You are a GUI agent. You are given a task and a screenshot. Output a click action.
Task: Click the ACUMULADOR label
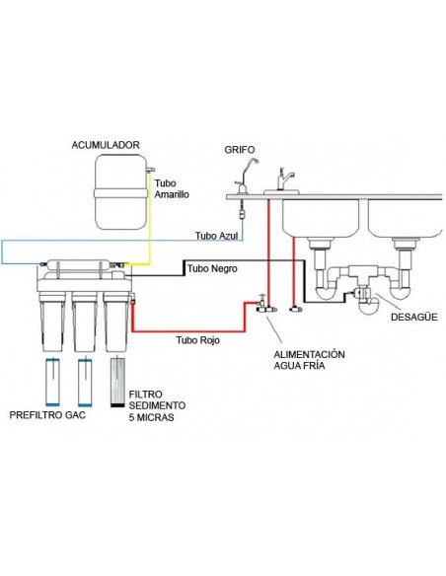pyautogui.click(x=106, y=145)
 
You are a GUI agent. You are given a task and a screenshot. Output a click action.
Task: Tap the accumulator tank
pyautogui.click(x=120, y=191)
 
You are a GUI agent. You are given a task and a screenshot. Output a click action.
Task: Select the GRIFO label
pyautogui.click(x=240, y=150)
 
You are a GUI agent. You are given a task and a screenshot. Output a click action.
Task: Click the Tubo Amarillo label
pyautogui.click(x=172, y=188)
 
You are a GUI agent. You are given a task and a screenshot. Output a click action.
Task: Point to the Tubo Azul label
pyautogui.click(x=216, y=236)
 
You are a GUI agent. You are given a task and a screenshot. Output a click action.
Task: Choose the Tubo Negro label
pyautogui.click(x=212, y=268)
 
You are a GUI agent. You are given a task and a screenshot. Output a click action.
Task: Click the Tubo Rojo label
pyautogui.click(x=197, y=340)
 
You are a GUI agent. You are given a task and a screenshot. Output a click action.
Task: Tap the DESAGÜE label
pyautogui.click(x=414, y=317)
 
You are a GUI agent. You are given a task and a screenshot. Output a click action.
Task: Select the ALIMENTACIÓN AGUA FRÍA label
pyautogui.click(x=309, y=360)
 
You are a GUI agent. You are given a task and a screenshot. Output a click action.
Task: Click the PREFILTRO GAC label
pyautogui.click(x=47, y=415)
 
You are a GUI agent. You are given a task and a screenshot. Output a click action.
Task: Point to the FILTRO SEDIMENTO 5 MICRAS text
pyautogui.click(x=157, y=406)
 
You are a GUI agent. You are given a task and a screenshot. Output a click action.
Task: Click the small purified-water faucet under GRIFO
pyautogui.click(x=245, y=177)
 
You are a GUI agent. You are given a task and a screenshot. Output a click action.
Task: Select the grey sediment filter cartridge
pyautogui.click(x=117, y=382)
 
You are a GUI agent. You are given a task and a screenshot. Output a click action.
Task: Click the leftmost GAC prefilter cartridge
pyautogui.click(x=53, y=382)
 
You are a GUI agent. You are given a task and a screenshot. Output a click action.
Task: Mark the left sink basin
pyautogui.click(x=321, y=218)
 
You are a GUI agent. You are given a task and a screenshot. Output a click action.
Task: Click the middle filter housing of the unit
pyautogui.click(x=84, y=322)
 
